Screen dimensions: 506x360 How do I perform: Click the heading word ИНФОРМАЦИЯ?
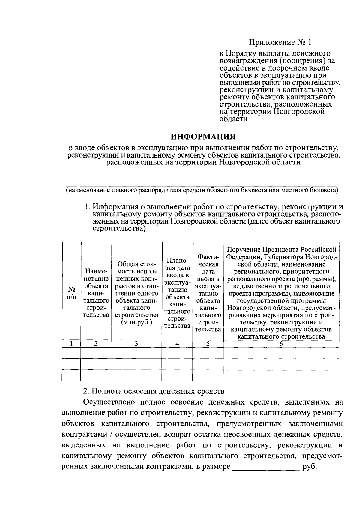(x=203, y=137)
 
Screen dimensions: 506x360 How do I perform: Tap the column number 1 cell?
(x=71, y=344)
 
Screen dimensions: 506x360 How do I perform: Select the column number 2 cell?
(x=96, y=344)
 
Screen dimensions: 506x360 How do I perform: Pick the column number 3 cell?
(x=136, y=344)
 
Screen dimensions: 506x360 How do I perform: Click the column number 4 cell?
(x=177, y=344)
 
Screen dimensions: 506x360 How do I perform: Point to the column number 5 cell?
(x=208, y=344)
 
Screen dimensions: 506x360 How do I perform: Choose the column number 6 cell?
(x=281, y=344)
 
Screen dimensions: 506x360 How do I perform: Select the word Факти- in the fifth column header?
(x=208, y=257)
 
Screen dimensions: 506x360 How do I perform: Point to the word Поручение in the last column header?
(x=243, y=250)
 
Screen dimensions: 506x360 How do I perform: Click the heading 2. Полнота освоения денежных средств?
(x=154, y=391)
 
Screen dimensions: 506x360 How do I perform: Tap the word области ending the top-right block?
(x=233, y=119)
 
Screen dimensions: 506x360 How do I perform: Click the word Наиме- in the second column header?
(x=96, y=271)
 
